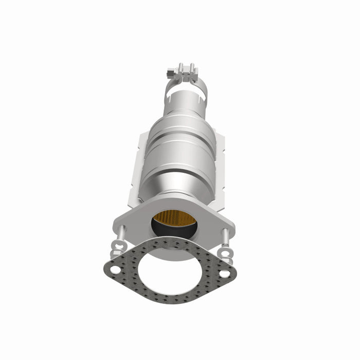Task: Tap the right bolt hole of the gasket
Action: tap(224, 274)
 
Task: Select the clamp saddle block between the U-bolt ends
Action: tap(186, 78)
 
